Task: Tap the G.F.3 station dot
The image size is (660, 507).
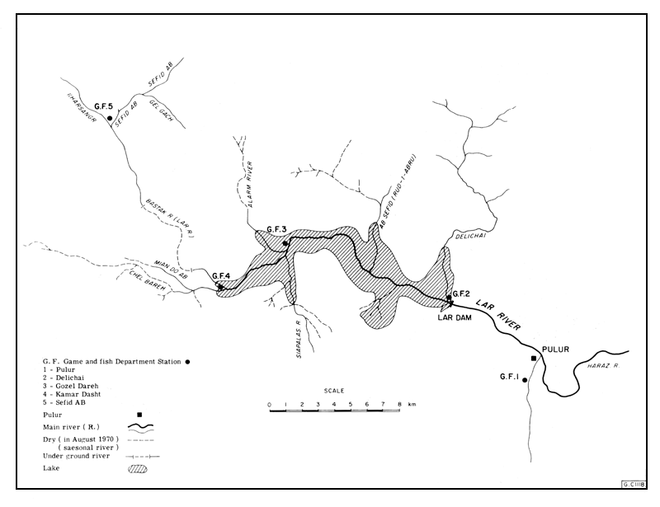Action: pos(285,243)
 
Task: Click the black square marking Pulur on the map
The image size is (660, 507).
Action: pos(534,359)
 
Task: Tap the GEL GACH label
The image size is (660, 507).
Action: pos(162,107)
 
